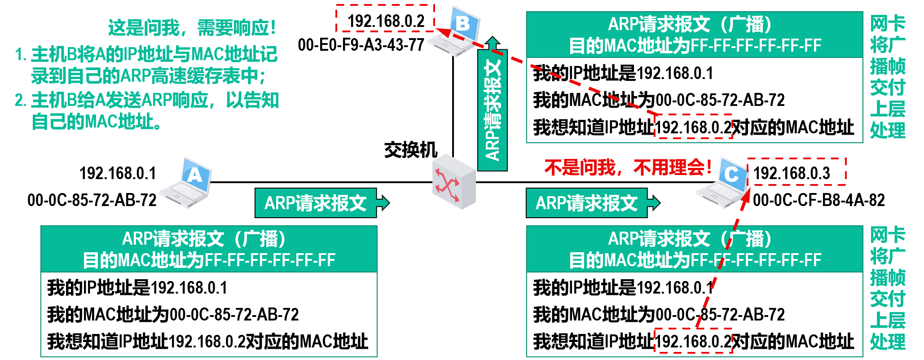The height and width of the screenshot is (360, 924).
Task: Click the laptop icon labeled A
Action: point(187,183)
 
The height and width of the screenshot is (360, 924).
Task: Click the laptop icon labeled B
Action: point(454,31)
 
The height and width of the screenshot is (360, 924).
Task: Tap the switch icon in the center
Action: point(454,182)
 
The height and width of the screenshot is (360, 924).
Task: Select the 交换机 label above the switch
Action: point(410,150)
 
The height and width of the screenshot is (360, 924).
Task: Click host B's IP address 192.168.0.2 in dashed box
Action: point(386,21)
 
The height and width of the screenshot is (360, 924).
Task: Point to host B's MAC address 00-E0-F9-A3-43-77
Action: point(361,45)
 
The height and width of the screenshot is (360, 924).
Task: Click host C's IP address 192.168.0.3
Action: point(792,173)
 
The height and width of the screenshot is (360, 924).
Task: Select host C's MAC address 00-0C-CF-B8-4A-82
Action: point(818,200)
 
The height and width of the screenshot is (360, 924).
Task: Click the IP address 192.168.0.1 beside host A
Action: point(118,173)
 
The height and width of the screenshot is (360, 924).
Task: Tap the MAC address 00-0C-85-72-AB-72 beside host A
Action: point(92,200)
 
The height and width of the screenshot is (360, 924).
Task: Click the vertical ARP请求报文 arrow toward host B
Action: point(493,108)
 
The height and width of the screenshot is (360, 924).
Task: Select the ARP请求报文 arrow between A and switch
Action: point(321,203)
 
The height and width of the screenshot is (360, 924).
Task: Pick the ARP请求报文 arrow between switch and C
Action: point(592,203)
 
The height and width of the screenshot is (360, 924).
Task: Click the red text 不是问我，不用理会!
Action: point(628,167)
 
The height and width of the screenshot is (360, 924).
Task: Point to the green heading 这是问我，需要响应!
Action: point(192,28)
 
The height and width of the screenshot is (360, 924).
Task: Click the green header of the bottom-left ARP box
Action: point(209,249)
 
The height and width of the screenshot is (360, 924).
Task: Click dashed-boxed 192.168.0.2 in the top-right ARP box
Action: point(694,127)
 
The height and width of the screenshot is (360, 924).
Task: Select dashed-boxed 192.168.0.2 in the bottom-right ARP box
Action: point(694,342)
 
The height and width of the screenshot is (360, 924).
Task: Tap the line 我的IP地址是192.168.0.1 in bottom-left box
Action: point(137,287)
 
